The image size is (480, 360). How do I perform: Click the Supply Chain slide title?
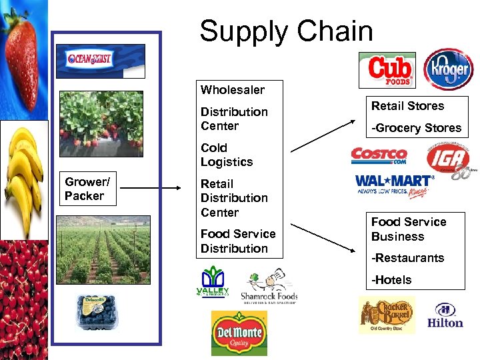(x=286, y=31)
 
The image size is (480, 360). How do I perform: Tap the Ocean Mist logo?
(x=101, y=61)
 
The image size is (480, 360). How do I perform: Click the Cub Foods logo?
(x=387, y=70)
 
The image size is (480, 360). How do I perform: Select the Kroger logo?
(x=449, y=69)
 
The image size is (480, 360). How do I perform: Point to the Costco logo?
(x=379, y=157)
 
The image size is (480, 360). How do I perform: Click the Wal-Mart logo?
(x=395, y=185)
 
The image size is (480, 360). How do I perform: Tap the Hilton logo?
(x=445, y=316)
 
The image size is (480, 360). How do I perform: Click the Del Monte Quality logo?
(x=239, y=333)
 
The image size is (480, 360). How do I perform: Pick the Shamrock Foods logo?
(x=269, y=287)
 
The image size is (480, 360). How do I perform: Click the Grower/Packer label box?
(x=89, y=189)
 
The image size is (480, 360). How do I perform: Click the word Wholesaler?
(x=232, y=90)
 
